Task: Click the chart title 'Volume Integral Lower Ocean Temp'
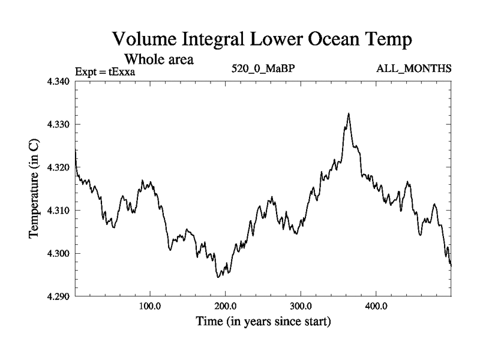pos(262,41)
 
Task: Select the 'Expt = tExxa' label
pos(106,72)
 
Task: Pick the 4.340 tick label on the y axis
pos(58,82)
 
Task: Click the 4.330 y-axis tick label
pos(58,125)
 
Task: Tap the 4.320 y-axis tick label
pos(58,167)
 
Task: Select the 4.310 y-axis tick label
pos(58,211)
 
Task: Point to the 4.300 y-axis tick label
pos(58,254)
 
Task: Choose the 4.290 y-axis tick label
pos(58,296)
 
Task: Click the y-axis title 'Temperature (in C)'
pos(34,189)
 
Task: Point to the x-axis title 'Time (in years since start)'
pos(263,322)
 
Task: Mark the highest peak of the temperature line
pos(348,113)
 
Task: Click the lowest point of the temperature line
pos(218,277)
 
